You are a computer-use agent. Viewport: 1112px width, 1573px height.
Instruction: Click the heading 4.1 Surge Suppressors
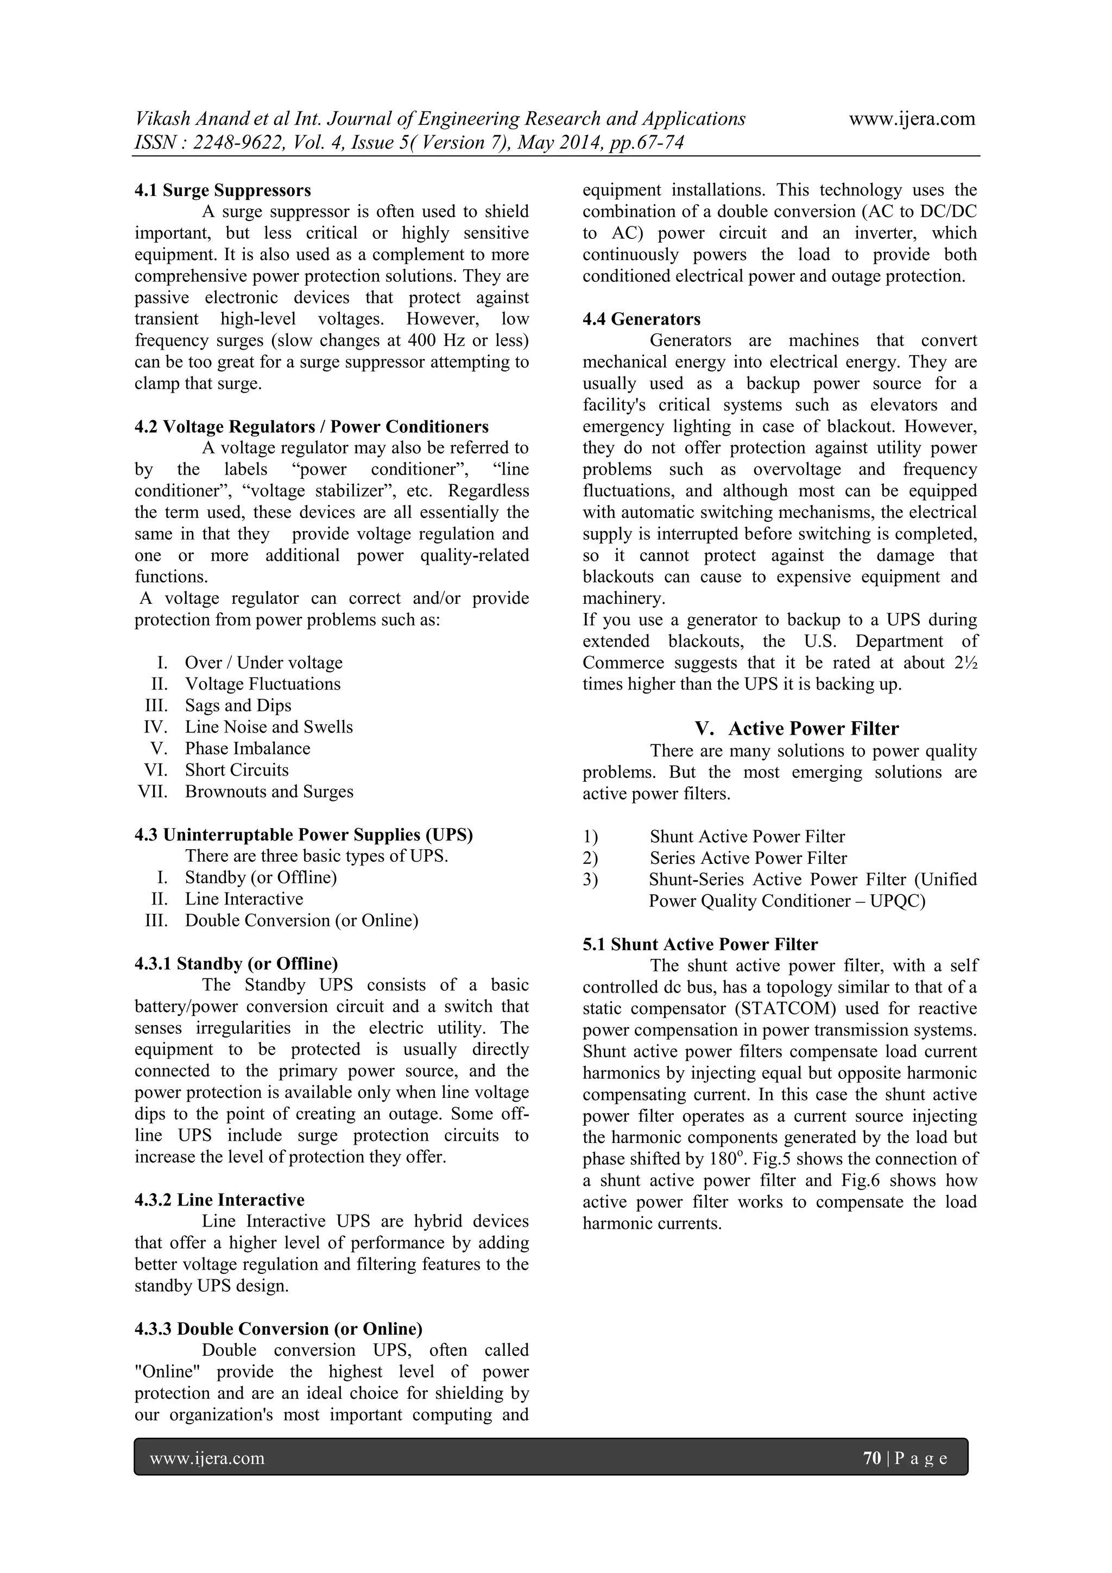[223, 190]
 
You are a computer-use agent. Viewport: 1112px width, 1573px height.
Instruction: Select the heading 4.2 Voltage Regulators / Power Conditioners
[311, 427]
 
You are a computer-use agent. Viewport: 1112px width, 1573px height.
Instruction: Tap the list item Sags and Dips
[238, 706]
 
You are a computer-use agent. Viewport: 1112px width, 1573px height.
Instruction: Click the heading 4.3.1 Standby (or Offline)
[236, 964]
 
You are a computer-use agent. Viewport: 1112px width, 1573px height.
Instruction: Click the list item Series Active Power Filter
[748, 858]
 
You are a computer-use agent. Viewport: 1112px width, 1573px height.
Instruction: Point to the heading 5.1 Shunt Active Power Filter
[700, 944]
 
